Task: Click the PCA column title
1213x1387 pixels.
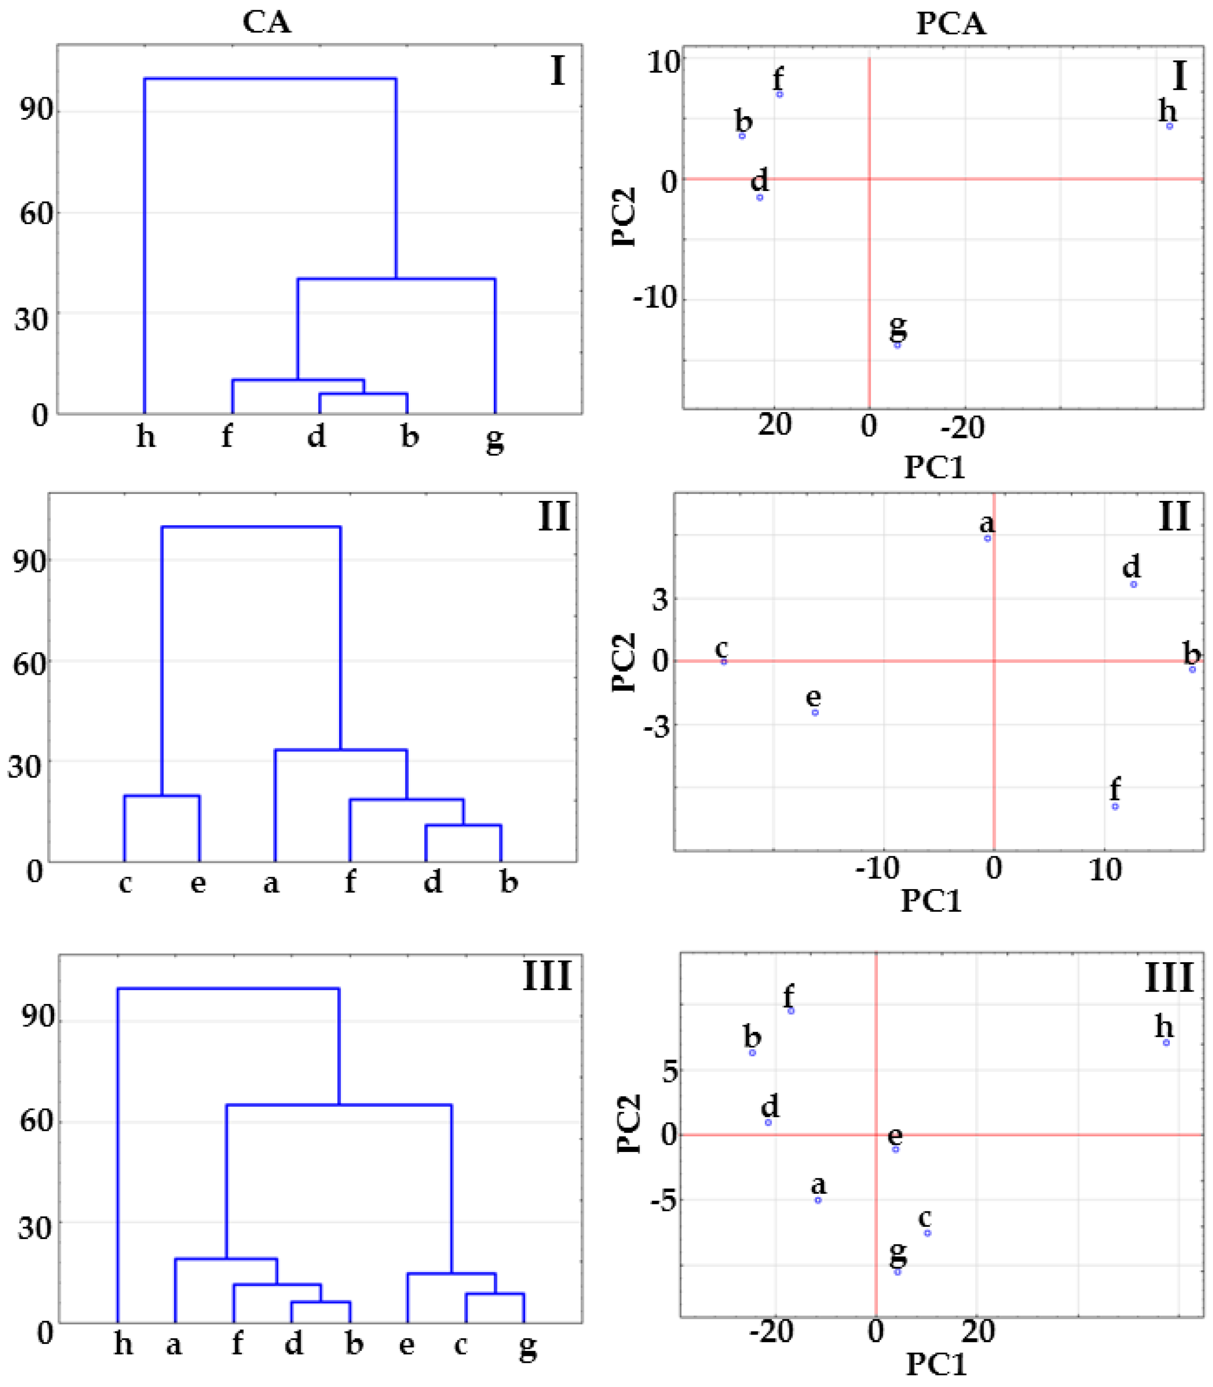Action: point(950,24)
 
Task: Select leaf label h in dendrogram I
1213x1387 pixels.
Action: point(145,436)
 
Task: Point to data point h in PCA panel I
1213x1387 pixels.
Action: point(1170,126)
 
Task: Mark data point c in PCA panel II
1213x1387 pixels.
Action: point(724,662)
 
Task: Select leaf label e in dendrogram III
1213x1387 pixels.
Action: point(406,1344)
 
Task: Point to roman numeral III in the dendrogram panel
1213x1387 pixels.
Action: point(547,976)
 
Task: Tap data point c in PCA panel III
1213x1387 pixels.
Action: point(927,1233)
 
